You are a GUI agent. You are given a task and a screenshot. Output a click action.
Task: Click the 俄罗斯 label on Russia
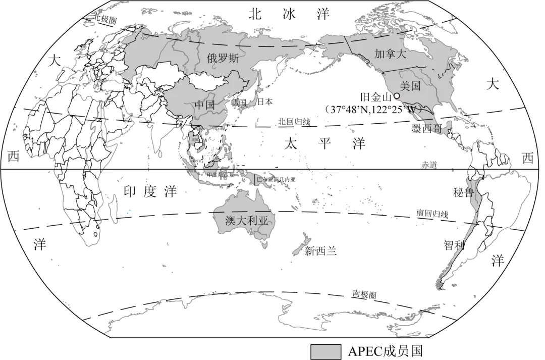pyautogui.click(x=223, y=58)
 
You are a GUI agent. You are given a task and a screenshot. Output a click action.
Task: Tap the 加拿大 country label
pyautogui.click(x=390, y=53)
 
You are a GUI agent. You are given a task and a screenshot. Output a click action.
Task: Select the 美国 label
pyautogui.click(x=410, y=86)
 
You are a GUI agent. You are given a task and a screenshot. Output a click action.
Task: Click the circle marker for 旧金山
pyautogui.click(x=397, y=95)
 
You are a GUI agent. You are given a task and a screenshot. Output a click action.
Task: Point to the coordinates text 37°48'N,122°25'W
pyautogui.click(x=374, y=109)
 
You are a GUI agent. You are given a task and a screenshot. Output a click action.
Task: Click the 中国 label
pyautogui.click(x=205, y=106)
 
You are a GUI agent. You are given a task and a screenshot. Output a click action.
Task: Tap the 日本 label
pyautogui.click(x=265, y=101)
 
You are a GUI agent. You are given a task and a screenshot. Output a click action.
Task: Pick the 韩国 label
pyautogui.click(x=238, y=103)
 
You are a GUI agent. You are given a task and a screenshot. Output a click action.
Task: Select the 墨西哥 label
pyautogui.click(x=427, y=129)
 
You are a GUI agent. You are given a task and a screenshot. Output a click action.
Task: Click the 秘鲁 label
pyautogui.click(x=463, y=192)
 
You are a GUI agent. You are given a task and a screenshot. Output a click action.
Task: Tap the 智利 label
pyautogui.click(x=454, y=245)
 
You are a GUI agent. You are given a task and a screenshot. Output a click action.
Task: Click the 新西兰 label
pyautogui.click(x=320, y=250)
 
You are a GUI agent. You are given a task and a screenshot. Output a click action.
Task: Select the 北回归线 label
pyautogui.click(x=294, y=122)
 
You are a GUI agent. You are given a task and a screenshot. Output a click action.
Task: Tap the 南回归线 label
pyautogui.click(x=432, y=214)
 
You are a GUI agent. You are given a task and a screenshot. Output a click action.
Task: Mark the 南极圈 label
pyautogui.click(x=364, y=294)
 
